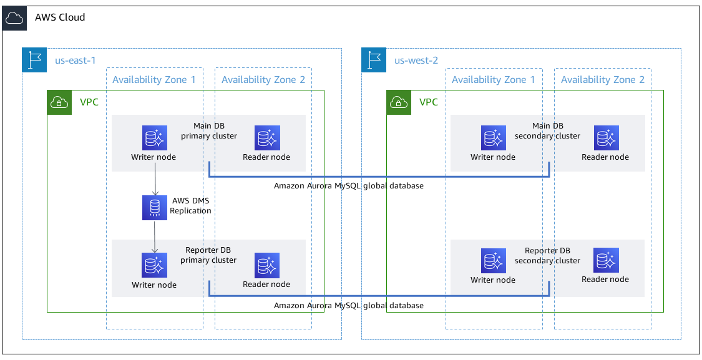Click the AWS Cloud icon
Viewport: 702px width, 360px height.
[14, 17]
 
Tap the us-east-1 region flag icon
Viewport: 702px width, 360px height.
[34, 60]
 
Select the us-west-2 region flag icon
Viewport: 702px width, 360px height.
[374, 60]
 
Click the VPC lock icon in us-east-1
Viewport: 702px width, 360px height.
[59, 102]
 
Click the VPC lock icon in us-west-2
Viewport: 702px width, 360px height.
[399, 102]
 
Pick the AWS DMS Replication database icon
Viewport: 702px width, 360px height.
[154, 208]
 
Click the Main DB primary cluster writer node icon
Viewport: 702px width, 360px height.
[154, 138]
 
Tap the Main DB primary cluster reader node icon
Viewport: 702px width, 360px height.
[267, 138]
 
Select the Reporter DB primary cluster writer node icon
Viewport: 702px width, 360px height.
[154, 265]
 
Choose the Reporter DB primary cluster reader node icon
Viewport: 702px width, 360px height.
[267, 265]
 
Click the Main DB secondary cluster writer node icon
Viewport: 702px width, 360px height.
[494, 138]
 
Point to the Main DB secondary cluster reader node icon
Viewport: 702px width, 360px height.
[606, 138]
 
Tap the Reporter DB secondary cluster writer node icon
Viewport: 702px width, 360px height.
[494, 260]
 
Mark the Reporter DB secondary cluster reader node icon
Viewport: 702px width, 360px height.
[606, 260]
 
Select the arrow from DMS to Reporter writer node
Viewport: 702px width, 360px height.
[154, 237]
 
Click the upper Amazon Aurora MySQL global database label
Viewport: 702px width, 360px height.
[348, 186]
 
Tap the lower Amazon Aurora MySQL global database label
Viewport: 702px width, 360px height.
[348, 306]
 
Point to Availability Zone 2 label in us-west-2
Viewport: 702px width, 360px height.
[602, 79]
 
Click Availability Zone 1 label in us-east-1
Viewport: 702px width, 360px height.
[154, 79]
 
